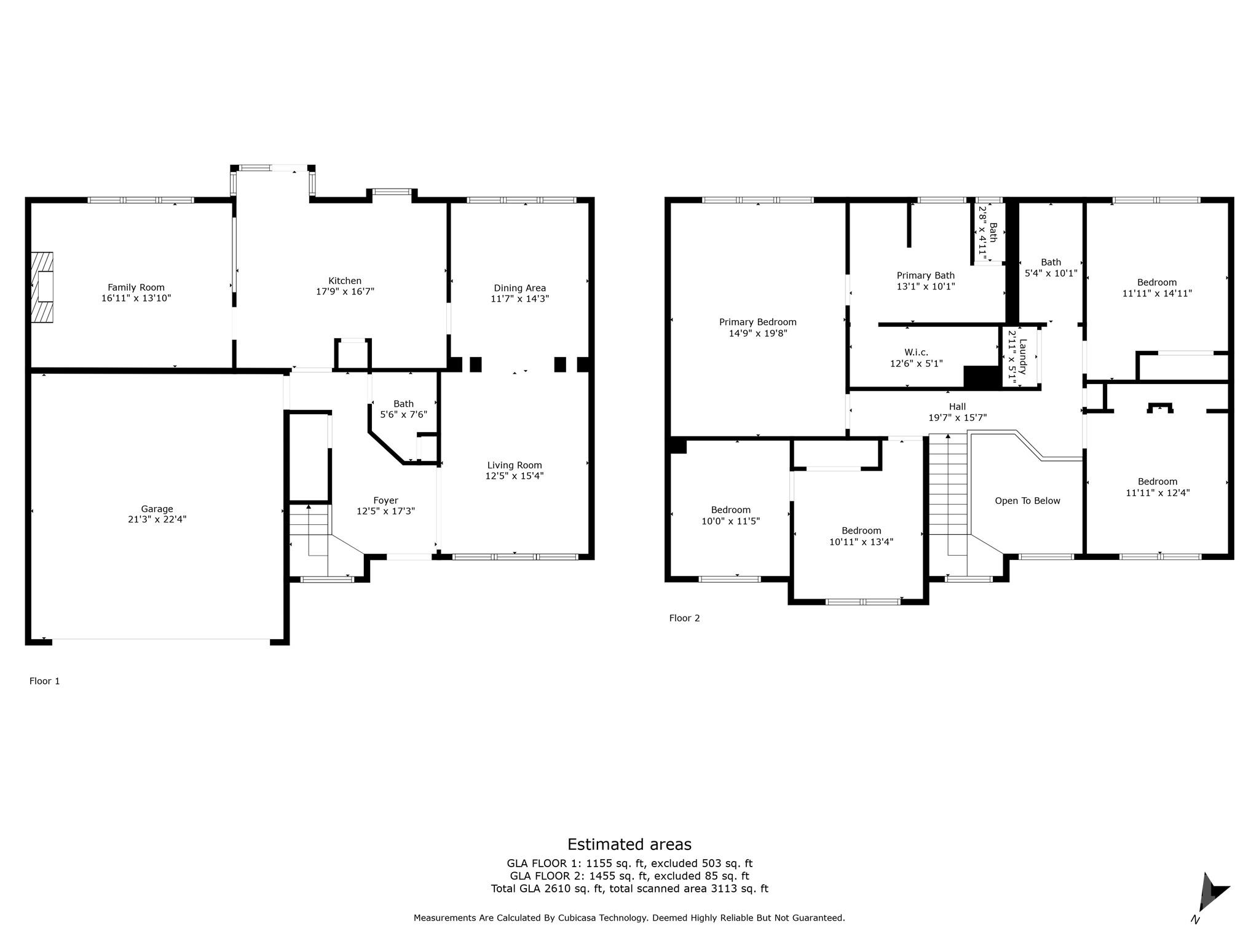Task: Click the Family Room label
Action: click(136, 287)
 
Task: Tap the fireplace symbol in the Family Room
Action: click(42, 287)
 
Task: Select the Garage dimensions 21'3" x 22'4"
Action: click(157, 519)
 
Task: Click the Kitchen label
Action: click(345, 281)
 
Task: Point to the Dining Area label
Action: click(519, 288)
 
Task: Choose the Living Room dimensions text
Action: click(515, 476)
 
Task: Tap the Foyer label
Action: click(385, 500)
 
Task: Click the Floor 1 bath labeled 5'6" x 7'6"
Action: click(403, 409)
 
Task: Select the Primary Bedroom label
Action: click(757, 322)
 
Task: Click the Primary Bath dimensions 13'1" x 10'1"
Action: click(925, 286)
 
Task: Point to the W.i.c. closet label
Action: click(916, 352)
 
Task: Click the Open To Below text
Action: click(1027, 501)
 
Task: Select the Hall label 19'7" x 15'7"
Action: click(957, 412)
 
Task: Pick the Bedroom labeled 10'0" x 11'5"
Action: click(730, 515)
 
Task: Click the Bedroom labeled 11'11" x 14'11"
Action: click(1156, 288)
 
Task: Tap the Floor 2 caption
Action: click(684, 618)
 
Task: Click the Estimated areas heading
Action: click(629, 844)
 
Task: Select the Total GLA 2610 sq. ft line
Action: click(629, 889)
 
